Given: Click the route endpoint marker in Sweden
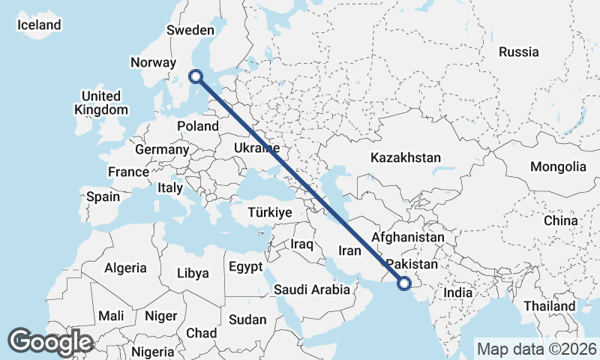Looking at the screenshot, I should coord(196,76).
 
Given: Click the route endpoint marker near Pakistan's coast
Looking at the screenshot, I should coord(404,283).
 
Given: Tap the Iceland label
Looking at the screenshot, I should coord(39,25).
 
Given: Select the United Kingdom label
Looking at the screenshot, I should coord(100,103).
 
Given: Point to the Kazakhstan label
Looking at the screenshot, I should coord(405,157).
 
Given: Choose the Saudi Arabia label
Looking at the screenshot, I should coord(312,289).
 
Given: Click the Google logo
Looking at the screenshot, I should coord(50,342).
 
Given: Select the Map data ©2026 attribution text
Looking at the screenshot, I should coord(536,349).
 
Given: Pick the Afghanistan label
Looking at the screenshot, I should coord(408,237).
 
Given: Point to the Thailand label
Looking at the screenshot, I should coord(550,306).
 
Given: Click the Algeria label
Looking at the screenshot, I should coord(126,268).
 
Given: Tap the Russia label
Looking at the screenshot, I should coord(518,52).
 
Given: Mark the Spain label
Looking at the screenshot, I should coord(103,196).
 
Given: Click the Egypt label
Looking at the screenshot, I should coord(245,267).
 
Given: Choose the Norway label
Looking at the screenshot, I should coord(152,63).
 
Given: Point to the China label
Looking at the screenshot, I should coord(561,220).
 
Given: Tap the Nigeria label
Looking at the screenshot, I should coord(152,351).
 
